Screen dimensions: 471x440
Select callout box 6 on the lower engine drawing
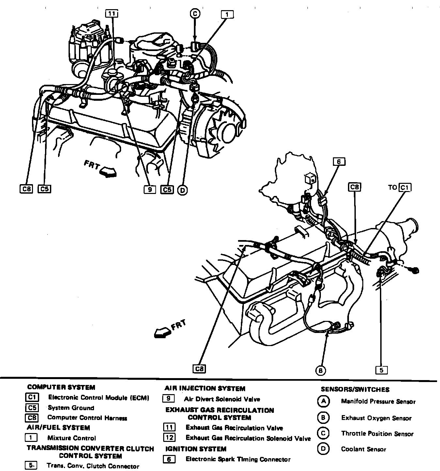tap(339, 162)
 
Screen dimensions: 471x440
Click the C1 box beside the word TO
tap(405, 187)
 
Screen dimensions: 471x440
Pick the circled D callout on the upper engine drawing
tap(182, 190)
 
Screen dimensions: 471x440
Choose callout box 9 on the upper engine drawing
tap(149, 189)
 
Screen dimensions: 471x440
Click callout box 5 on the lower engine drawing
tap(381, 370)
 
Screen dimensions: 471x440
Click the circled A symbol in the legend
tap(323, 401)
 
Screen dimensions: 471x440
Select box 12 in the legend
tap(169, 438)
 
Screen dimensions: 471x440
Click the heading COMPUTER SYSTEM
tap(61, 388)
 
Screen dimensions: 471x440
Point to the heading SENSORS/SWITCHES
tap(355, 390)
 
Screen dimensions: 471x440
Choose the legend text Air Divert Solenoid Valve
tap(222, 399)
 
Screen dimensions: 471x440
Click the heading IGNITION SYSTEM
tap(196, 449)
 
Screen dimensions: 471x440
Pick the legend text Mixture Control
tap(72, 438)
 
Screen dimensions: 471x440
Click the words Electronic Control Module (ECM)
tap(99, 398)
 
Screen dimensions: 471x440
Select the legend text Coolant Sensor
tap(363, 449)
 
